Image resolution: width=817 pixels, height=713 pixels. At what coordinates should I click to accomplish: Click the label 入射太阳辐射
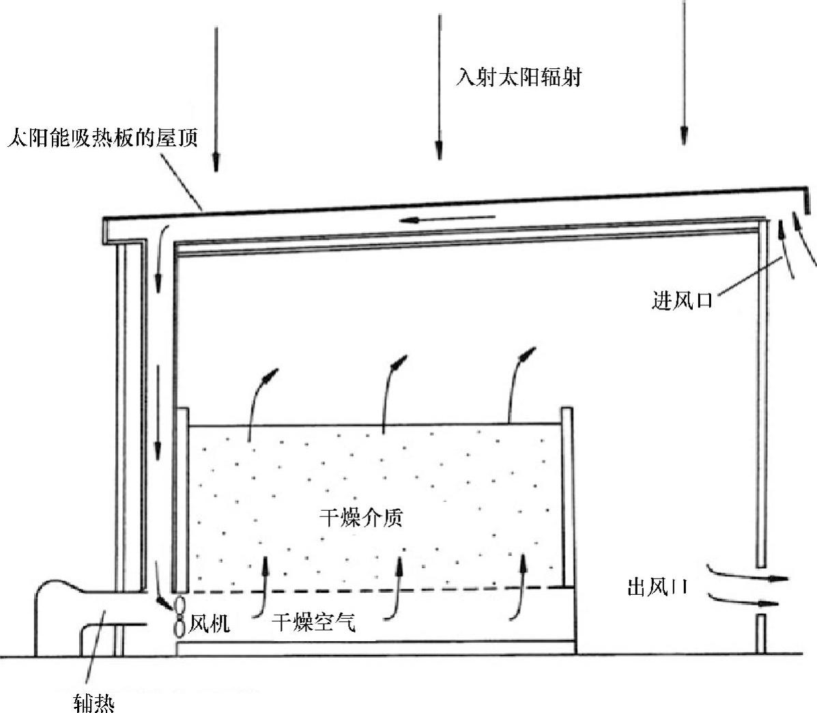pyautogui.click(x=519, y=77)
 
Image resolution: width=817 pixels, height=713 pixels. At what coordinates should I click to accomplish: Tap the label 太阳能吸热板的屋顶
pyautogui.click(x=102, y=139)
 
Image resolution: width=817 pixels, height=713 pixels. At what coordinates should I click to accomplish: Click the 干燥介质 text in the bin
pyautogui.click(x=361, y=518)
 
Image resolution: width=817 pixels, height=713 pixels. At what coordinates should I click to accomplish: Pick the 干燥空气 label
pyautogui.click(x=314, y=622)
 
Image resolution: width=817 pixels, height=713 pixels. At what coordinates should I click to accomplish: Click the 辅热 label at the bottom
pyautogui.click(x=94, y=701)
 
